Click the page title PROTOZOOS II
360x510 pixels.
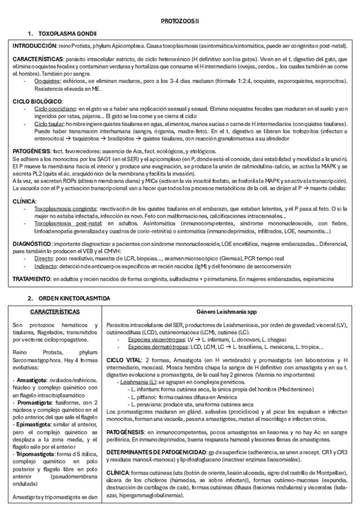(180, 20)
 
